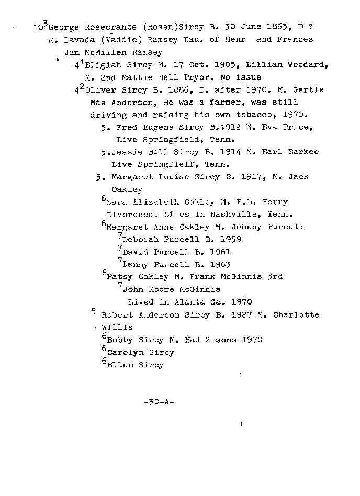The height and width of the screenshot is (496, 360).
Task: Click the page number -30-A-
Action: click(159, 402)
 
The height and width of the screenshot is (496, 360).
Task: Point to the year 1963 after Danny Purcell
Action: click(220, 265)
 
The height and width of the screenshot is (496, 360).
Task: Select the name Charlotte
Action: click(301, 315)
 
